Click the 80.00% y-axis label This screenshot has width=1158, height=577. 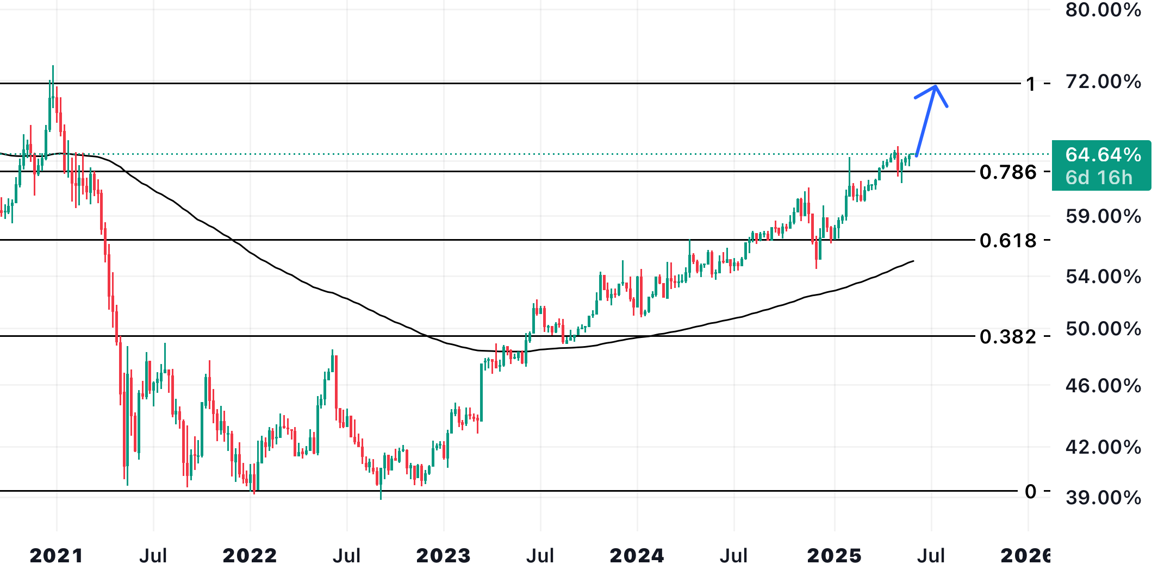pyautogui.click(x=1103, y=10)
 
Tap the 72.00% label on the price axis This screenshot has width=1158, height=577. pyautogui.click(x=1103, y=81)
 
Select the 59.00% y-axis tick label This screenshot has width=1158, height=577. pyautogui.click(x=1103, y=216)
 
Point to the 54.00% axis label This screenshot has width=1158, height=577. pyautogui.click(x=1103, y=277)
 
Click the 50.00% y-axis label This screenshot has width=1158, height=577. pyautogui.click(x=1103, y=329)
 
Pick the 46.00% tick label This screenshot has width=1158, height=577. pyautogui.click(x=1103, y=386)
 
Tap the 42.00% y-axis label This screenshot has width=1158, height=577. pyautogui.click(x=1103, y=447)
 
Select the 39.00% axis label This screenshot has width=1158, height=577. pyautogui.click(x=1103, y=498)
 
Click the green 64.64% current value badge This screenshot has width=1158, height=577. pyautogui.click(x=1101, y=166)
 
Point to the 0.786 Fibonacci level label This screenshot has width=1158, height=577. pyautogui.click(x=1008, y=172)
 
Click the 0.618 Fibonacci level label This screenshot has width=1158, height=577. pyautogui.click(x=1008, y=240)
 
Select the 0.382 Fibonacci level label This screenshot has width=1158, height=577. pyautogui.click(x=1008, y=337)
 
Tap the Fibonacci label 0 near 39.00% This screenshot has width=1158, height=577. pyautogui.click(x=1031, y=492)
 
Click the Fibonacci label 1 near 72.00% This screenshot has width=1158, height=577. pyautogui.click(x=1031, y=84)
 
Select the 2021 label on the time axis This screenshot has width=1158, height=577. pyautogui.click(x=57, y=556)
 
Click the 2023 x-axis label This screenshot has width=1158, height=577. pyautogui.click(x=444, y=556)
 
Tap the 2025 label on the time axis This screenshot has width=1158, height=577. pyautogui.click(x=835, y=556)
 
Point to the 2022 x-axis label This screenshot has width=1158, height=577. pyautogui.click(x=250, y=556)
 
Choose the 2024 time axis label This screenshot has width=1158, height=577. pyautogui.click(x=637, y=556)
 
